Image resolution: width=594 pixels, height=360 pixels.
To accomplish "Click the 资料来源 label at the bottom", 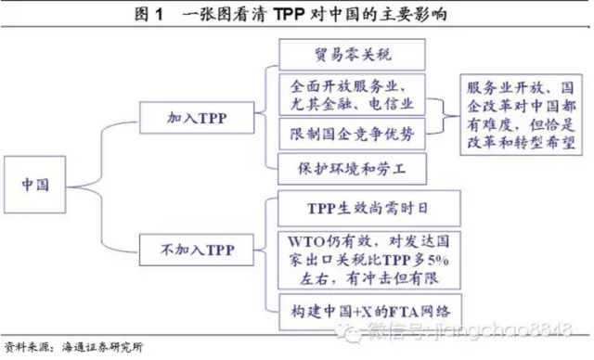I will click(26, 347).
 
